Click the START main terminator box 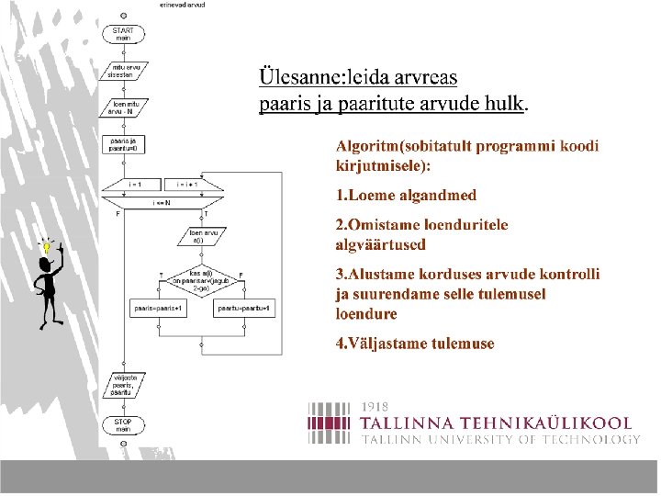click(123, 34)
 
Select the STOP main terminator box click(123, 425)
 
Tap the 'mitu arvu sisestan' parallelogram click(124, 70)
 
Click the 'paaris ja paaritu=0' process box click(124, 143)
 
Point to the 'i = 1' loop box click(135, 184)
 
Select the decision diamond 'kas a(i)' click(199, 278)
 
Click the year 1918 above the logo click(375, 405)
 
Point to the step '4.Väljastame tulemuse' click(415, 344)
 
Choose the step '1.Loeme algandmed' click(406, 195)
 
